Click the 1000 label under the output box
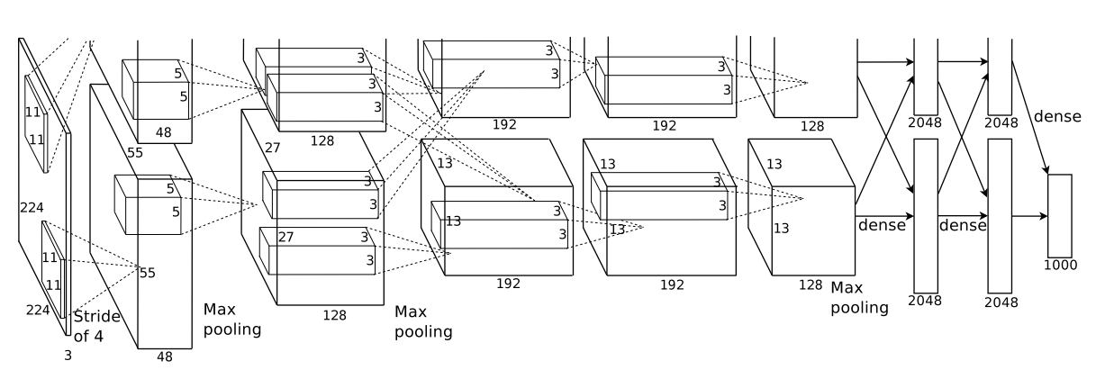[x=1060, y=265]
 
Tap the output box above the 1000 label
[x=1060, y=215]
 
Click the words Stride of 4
[x=97, y=326]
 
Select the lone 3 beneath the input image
[x=68, y=356]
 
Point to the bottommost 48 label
[x=165, y=357]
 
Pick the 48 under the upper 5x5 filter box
[x=163, y=132]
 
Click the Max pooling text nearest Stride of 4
[x=232, y=319]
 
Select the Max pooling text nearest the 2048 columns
[x=860, y=298]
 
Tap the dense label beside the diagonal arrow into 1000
[x=1057, y=116]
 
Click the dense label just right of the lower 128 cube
[x=882, y=225]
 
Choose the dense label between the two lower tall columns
[x=963, y=225]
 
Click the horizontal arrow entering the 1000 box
[x=1029, y=216]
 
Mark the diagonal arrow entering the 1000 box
[x=1029, y=117]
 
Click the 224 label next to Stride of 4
[x=38, y=310]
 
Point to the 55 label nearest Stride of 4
[x=148, y=273]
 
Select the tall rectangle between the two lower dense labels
[x=926, y=216]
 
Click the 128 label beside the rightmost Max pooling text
[x=811, y=284]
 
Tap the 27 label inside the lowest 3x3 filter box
[x=285, y=238]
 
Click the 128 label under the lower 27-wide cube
[x=334, y=315]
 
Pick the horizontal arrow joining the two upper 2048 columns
[x=963, y=62]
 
